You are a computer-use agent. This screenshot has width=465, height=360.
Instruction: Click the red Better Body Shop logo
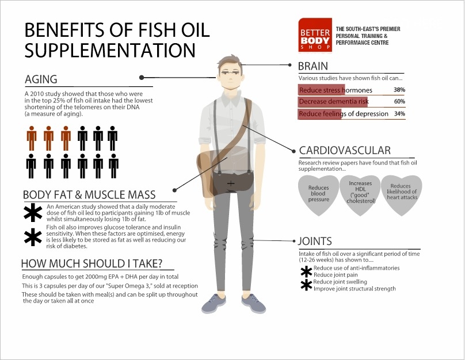click(315, 35)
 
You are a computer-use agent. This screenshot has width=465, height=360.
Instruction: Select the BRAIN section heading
click(313, 66)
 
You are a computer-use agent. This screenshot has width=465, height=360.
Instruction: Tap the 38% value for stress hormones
click(399, 90)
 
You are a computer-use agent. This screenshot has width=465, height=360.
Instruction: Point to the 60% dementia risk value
click(399, 101)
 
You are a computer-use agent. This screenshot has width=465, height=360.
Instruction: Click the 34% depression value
click(399, 113)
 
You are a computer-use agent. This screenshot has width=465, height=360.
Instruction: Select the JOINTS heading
click(315, 241)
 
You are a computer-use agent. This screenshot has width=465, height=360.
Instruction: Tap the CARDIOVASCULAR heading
click(345, 151)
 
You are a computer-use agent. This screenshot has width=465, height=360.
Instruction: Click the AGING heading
click(41, 79)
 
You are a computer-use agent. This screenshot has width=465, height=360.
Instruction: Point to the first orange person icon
click(32, 138)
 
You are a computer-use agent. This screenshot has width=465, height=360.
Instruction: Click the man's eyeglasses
click(229, 72)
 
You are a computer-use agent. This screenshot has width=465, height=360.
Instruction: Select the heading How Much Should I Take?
click(92, 263)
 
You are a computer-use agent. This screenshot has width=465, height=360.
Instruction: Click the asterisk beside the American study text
click(33, 212)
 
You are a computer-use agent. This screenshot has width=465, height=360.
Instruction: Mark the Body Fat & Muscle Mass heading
click(89, 195)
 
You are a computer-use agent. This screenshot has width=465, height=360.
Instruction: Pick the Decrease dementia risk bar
click(333, 102)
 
